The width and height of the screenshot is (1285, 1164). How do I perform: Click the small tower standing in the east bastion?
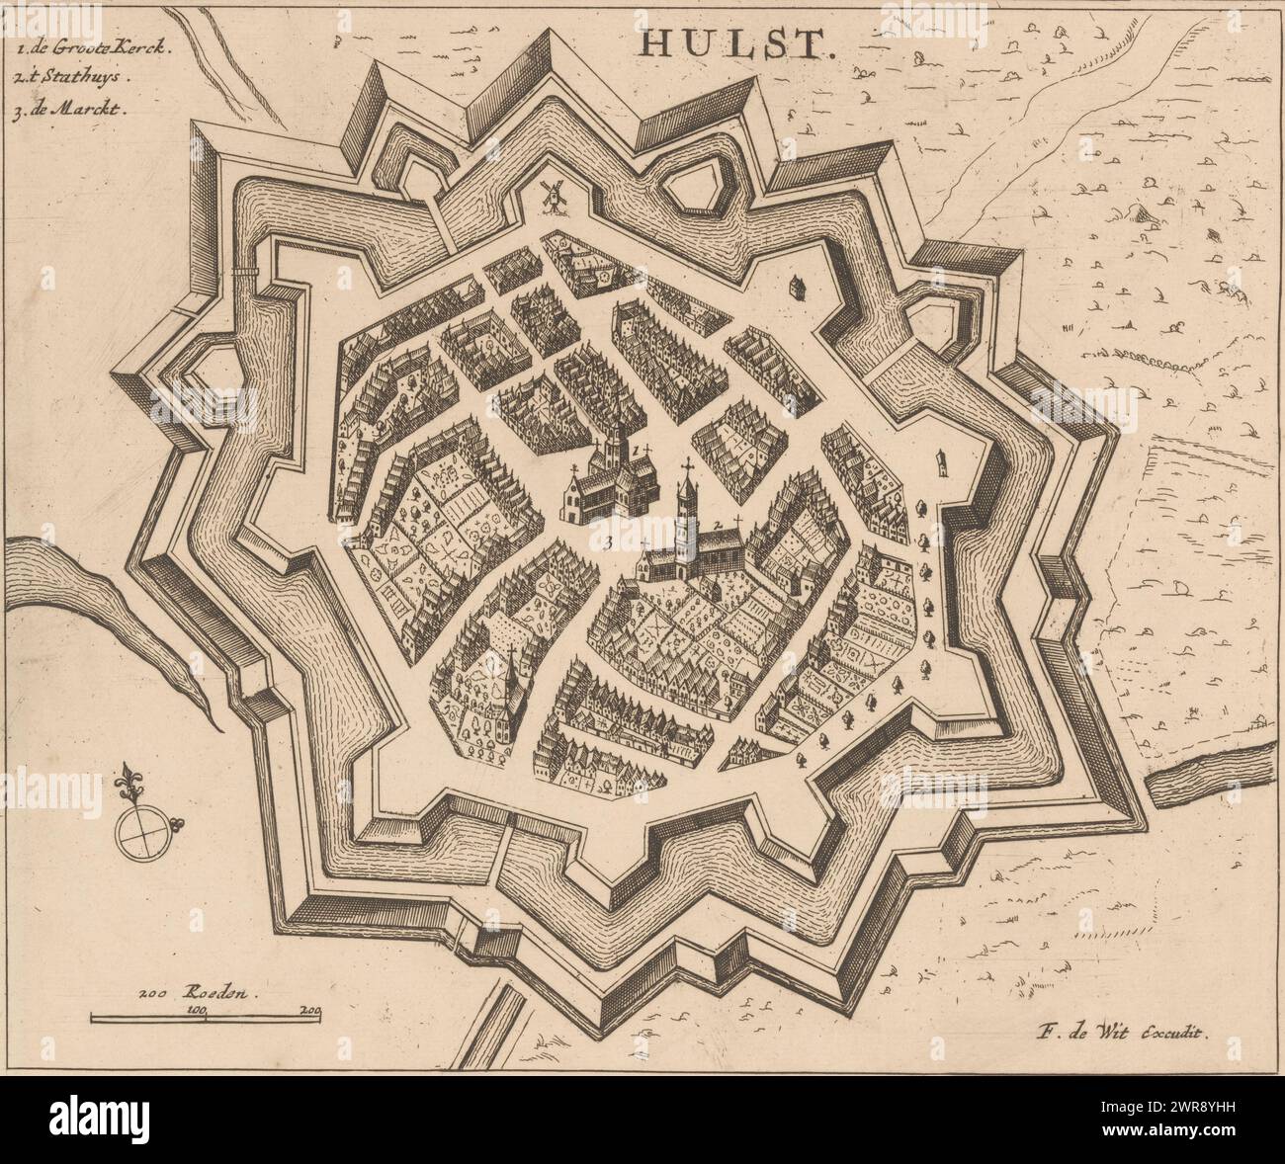tap(943, 460)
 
